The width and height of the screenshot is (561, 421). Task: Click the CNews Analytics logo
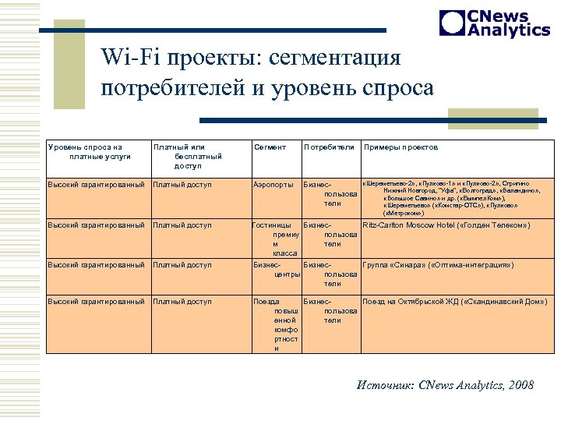[495, 23]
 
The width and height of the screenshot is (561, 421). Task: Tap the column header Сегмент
[270, 147]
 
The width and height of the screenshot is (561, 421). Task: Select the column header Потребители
[329, 147]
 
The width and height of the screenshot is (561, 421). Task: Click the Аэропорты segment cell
[273, 185]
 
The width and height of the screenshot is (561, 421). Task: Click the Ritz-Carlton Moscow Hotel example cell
[446, 225]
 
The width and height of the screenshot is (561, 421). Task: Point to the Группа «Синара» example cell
[438, 265]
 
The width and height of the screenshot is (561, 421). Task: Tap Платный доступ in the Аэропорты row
[182, 185]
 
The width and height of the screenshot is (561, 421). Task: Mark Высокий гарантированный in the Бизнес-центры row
[97, 265]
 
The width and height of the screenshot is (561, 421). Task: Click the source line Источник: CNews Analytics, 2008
[445, 385]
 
